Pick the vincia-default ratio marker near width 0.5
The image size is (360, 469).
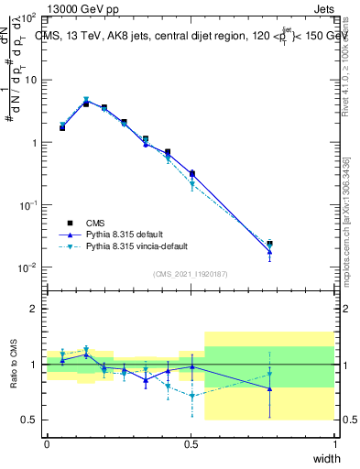point(191,396)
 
